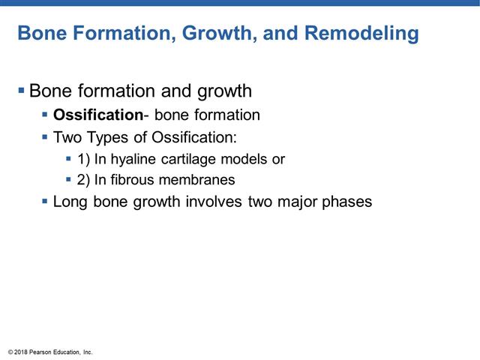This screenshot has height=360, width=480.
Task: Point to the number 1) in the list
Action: coord(83,159)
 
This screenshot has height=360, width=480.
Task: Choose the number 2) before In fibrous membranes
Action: coord(83,180)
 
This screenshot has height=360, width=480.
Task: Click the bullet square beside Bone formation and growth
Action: coord(21,91)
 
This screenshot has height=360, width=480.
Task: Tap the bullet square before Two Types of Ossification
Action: coord(45,137)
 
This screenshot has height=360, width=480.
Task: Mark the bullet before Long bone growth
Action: coord(45,201)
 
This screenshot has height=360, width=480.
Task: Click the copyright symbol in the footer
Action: coord(10,352)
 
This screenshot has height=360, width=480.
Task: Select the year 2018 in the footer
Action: coord(22,352)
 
